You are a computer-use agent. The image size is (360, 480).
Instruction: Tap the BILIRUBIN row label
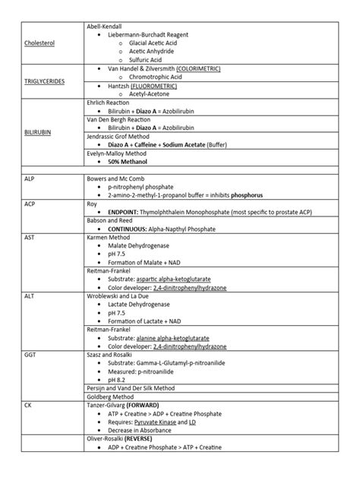36,132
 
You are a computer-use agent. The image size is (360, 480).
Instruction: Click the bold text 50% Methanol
128,162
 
